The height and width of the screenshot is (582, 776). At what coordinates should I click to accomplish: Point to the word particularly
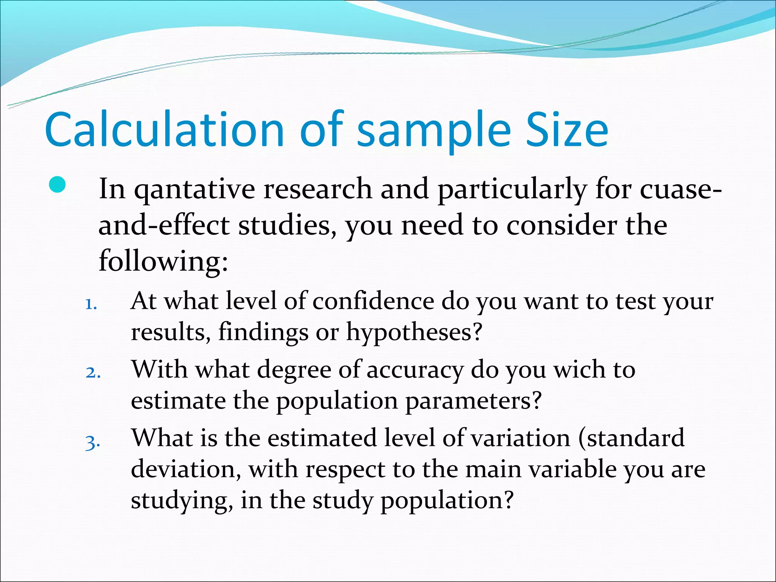click(512, 189)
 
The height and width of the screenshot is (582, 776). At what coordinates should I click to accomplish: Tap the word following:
click(163, 261)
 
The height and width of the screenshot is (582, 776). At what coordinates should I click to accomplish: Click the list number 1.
click(91, 304)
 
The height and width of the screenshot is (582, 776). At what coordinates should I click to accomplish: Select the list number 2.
click(92, 373)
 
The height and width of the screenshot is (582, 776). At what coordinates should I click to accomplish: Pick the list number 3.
click(92, 442)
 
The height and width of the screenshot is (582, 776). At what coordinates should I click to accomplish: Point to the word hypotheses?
click(414, 333)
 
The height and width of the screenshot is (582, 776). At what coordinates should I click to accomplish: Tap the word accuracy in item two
click(415, 370)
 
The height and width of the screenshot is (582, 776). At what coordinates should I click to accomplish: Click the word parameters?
click(474, 401)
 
